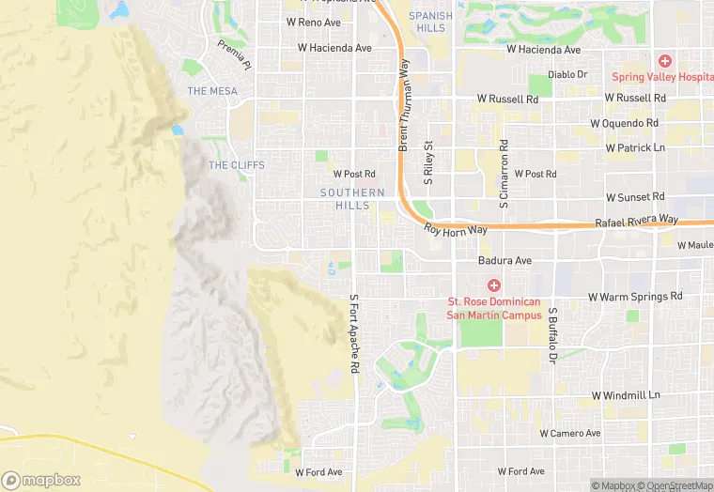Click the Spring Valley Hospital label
[662, 77]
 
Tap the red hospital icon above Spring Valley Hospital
[664, 60]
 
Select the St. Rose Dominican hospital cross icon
[493, 285]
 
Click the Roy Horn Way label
[456, 229]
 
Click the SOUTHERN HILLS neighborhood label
[352, 199]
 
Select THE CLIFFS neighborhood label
[237, 165]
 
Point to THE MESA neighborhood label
[212, 91]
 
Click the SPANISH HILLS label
[430, 22]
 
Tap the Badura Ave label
[504, 260]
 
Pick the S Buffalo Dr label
[553, 334]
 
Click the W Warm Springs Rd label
[635, 296]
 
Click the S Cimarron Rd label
[504, 173]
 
